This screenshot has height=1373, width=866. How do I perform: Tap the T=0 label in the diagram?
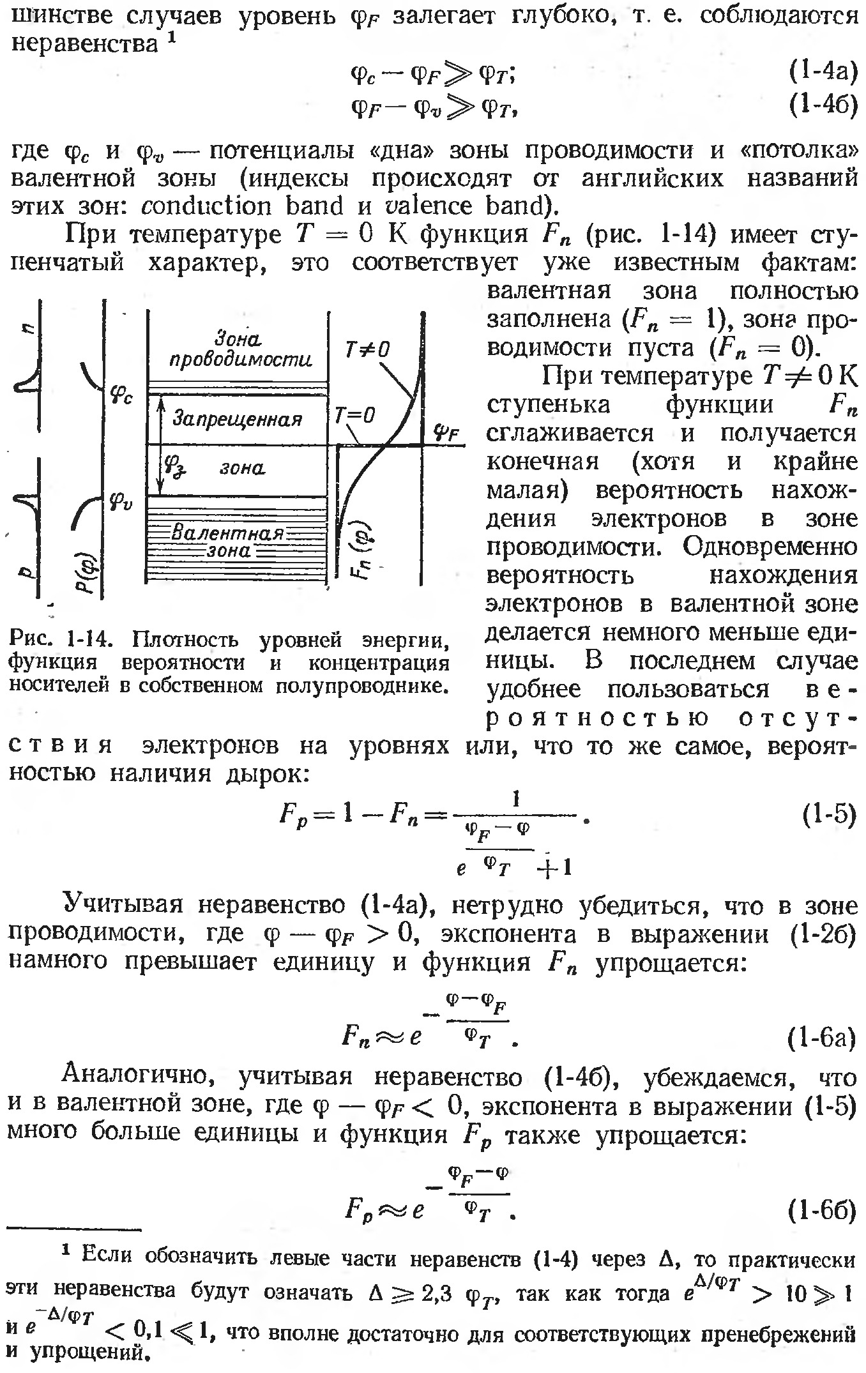pyautogui.click(x=354, y=416)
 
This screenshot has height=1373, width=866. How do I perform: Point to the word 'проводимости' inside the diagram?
pyautogui.click(x=241, y=362)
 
